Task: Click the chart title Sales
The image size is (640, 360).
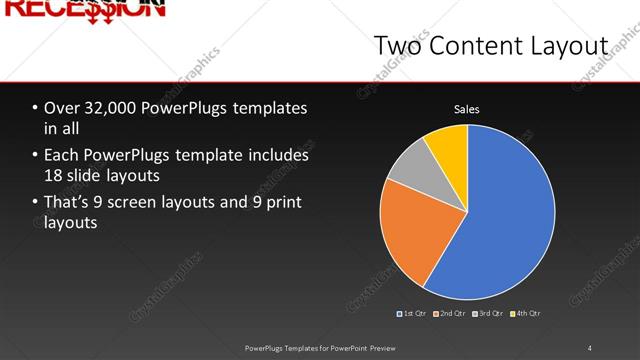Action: click(467, 109)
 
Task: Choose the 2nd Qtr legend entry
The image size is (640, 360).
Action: click(452, 314)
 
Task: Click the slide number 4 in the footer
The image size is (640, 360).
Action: click(590, 348)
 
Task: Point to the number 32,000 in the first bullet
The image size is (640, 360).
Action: click(114, 109)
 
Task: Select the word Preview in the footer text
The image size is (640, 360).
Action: click(379, 348)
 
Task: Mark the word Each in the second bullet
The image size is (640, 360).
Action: click(62, 156)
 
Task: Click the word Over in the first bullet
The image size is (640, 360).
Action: click(62, 109)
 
